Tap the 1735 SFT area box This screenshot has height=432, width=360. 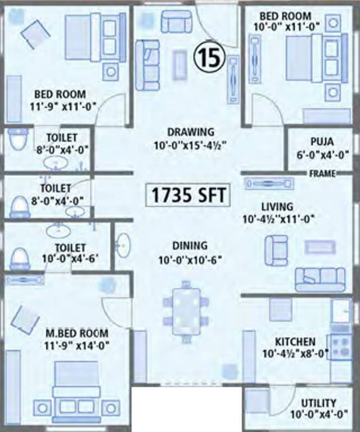pos(188,195)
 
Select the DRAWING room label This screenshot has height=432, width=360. pos(191,132)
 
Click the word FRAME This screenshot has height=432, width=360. pos(322,174)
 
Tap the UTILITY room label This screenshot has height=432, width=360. pos(319,403)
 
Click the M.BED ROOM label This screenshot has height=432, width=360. pos(76,333)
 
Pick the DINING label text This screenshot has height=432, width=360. pos(190,246)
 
